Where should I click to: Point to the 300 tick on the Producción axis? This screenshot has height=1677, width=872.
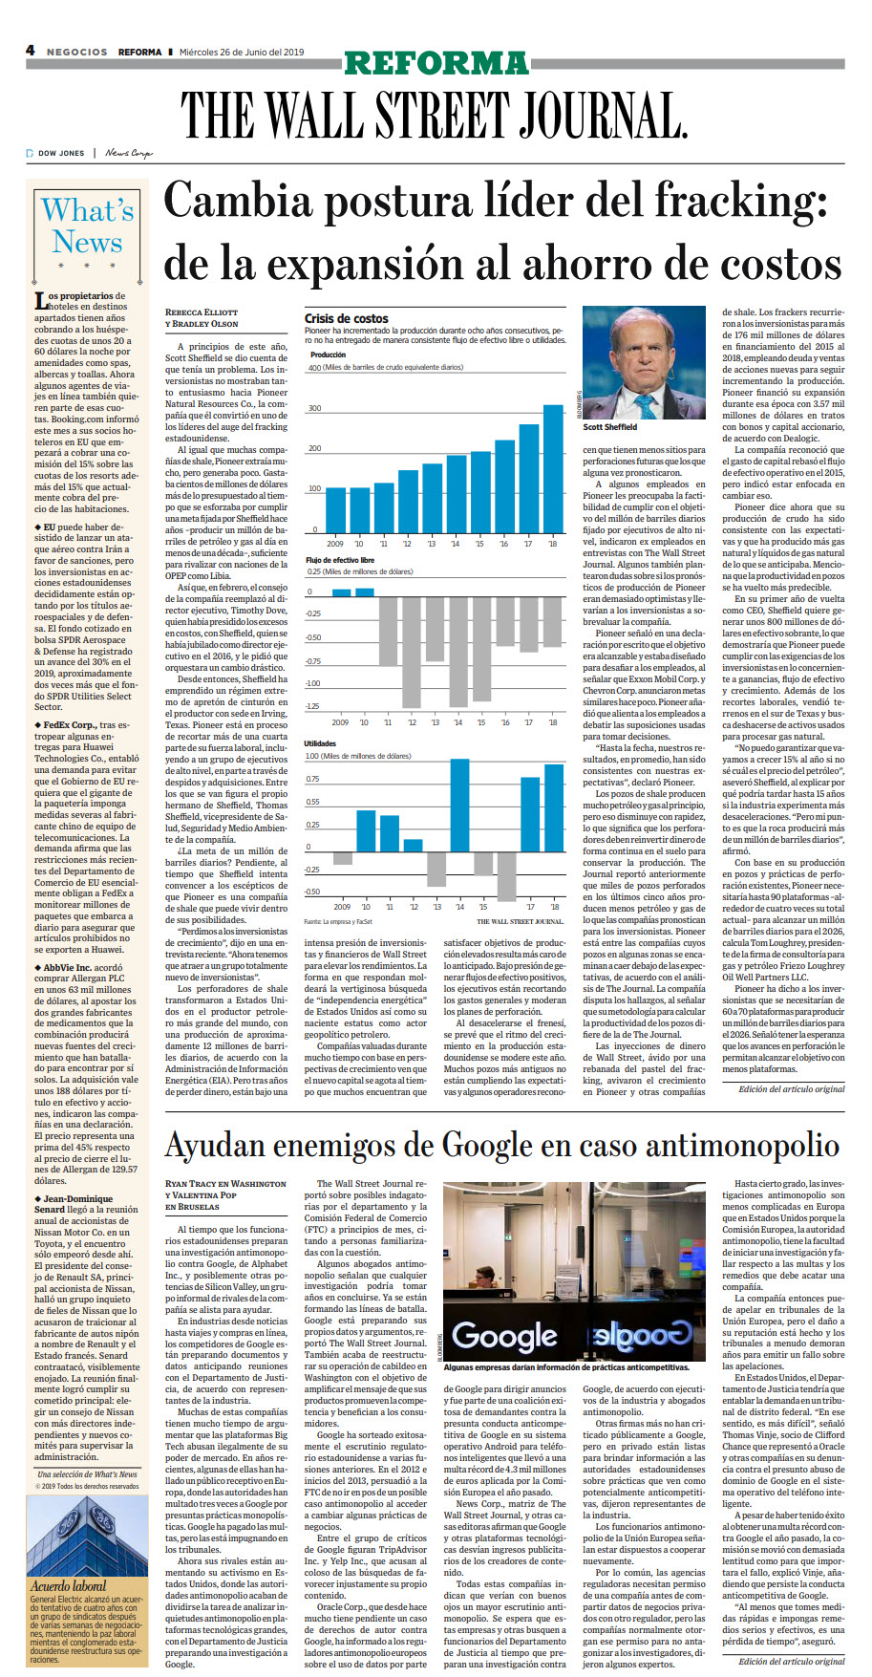point(314,409)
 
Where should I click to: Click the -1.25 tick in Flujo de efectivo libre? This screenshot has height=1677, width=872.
point(313,707)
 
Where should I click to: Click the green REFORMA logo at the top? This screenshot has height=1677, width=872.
point(436,63)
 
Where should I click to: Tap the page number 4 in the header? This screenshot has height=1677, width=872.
point(31,51)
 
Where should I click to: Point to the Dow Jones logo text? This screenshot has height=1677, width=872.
point(60,153)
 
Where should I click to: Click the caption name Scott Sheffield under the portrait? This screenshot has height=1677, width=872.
point(609,427)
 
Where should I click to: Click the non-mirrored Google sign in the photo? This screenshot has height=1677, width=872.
point(504,1335)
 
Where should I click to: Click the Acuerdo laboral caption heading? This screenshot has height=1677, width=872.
point(68,1585)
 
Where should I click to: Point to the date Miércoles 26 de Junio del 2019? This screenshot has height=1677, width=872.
point(242,52)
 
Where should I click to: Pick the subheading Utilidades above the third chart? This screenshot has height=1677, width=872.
point(320,742)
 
